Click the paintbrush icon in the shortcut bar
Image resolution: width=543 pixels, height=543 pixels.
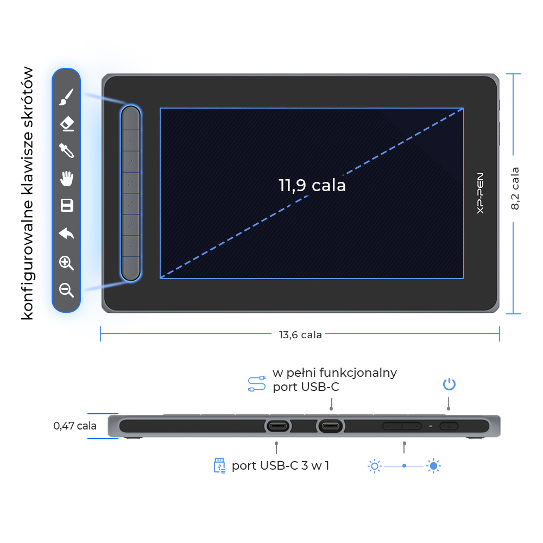[x=66, y=97]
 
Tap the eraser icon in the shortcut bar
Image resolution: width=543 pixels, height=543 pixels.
[x=67, y=124]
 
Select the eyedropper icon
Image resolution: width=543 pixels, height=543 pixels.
[x=66, y=150]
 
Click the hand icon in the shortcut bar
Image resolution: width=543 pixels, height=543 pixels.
[x=67, y=178]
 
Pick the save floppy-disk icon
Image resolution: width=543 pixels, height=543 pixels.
[x=67, y=205]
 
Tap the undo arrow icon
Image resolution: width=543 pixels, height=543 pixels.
[x=66, y=233]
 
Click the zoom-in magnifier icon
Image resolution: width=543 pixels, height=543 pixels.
[x=66, y=263]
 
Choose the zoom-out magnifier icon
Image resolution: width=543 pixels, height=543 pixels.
[x=66, y=290]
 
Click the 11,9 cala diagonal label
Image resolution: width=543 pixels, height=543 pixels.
[x=312, y=185]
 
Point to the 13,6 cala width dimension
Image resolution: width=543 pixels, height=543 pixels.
[x=300, y=335]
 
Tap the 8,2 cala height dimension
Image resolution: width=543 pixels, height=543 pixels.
[x=515, y=188]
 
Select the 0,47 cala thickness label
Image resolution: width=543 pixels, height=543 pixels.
[x=75, y=426]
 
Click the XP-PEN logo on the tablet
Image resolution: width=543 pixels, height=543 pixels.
[x=480, y=193]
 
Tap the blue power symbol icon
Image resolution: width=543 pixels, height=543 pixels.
[x=449, y=384]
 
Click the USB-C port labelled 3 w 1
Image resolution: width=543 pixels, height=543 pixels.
[x=277, y=426]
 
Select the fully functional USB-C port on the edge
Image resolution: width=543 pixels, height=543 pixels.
[x=331, y=426]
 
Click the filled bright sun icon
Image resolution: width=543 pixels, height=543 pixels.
[x=433, y=466]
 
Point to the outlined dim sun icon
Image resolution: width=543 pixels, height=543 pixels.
[x=374, y=466]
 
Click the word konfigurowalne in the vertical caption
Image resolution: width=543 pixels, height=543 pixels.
[x=27, y=260]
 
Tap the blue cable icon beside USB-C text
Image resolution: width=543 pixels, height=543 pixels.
[x=257, y=384]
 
